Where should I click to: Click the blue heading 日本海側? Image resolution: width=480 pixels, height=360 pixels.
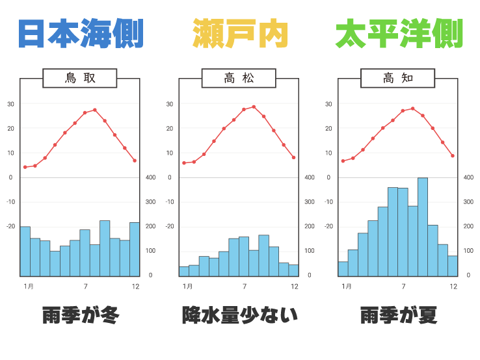[80, 34]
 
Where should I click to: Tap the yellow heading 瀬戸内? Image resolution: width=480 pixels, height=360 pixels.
[240, 34]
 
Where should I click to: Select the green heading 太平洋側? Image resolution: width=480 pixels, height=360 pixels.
[398, 34]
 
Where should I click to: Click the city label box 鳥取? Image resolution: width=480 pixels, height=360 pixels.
[80, 79]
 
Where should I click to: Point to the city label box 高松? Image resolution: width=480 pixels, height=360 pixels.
[239, 79]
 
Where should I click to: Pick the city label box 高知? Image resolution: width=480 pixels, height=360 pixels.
[398, 79]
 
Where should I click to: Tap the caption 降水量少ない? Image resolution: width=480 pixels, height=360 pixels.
[240, 316]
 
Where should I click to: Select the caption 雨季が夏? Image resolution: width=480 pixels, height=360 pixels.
[398, 316]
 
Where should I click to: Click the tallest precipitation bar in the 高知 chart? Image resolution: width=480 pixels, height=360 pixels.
[423, 227]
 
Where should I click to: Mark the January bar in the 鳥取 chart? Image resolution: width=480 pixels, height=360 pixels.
[25, 251]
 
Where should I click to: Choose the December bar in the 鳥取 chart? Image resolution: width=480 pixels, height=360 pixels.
[135, 249]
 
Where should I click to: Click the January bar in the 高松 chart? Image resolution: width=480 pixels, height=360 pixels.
[184, 271]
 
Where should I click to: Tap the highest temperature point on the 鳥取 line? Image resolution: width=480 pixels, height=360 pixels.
[95, 110]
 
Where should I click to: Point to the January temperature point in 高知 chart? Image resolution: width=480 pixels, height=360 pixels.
[343, 161]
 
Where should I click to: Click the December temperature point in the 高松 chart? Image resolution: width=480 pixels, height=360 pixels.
[294, 157]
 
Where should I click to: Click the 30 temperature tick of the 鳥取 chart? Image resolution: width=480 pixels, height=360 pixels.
[10, 104]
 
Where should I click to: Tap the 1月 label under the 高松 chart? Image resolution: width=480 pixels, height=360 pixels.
[187, 287]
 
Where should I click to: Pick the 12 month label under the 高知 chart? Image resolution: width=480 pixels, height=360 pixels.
[453, 287]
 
